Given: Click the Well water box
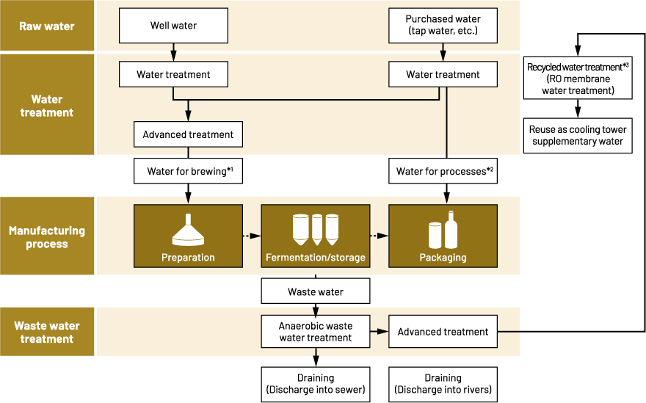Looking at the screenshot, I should coord(173,26).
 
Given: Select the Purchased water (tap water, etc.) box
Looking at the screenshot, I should coord(443,26).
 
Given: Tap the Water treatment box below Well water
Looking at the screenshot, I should coord(173,74).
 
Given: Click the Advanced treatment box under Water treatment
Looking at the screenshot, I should coord(188,134).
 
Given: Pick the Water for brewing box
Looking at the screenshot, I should coord(188,172).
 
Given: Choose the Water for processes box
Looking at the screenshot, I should coord(443,172).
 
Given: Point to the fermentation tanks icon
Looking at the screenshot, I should coord(316,229).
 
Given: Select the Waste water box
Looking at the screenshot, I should coord(316,291).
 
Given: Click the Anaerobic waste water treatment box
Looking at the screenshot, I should coord(316,332).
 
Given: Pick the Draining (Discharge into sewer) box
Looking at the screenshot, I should coord(316,383).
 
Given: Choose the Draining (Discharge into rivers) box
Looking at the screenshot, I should coord(443,383).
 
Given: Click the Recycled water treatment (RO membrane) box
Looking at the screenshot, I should coord(578,79).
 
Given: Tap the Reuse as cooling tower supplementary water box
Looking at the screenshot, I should coord(578,135).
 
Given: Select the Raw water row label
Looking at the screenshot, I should coord(47,26).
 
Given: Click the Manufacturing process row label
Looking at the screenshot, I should coord(47,236).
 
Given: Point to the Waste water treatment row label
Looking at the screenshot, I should coord(47,333).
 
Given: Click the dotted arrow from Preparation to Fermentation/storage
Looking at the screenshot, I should coord(252,236).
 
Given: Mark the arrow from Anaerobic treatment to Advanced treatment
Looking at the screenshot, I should coord(379,332).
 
